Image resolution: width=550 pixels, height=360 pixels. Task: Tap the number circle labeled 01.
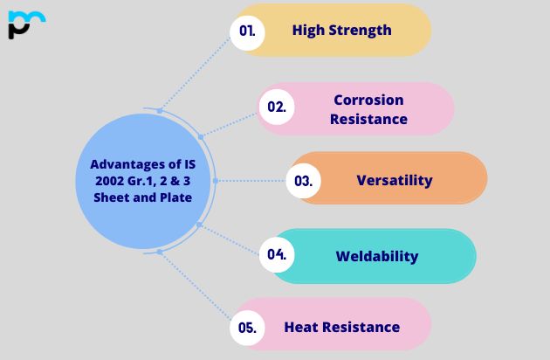(247, 31)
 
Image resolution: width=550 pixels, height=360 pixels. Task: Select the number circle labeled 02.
(277, 107)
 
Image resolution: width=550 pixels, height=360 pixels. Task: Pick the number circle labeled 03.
(303, 181)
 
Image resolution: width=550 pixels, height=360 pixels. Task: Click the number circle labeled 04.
(277, 255)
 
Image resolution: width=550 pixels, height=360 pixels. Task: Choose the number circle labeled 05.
(247, 328)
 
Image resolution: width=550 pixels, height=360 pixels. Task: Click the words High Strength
(341, 31)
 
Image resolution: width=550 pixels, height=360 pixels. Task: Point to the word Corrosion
(368, 100)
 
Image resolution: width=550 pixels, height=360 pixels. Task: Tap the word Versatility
(395, 181)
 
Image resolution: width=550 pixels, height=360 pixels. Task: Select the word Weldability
(377, 256)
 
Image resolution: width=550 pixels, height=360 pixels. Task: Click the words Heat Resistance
(341, 328)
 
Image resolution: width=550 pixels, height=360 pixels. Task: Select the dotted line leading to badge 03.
(251, 181)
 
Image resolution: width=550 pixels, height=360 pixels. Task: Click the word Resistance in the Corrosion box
(368, 118)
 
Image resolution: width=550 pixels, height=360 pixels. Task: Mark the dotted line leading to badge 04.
(230, 239)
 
